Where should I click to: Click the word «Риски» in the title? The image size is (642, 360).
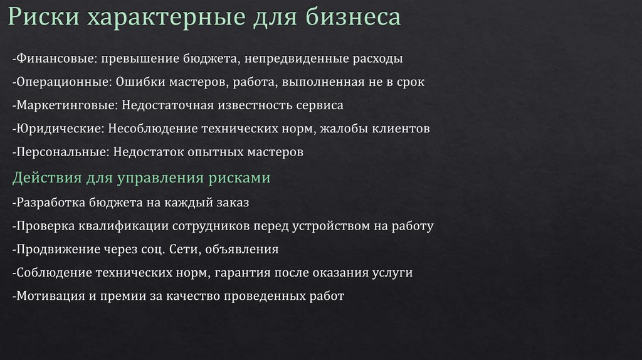[43, 18]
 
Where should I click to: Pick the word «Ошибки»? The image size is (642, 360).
[137, 82]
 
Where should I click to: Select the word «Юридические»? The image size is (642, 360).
[60, 129]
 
